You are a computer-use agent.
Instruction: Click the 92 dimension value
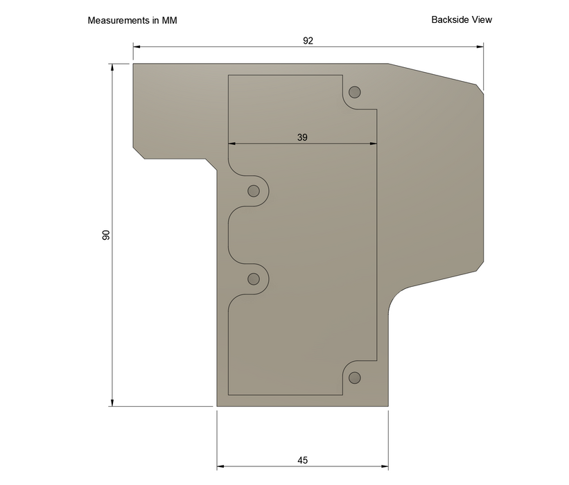[308, 41]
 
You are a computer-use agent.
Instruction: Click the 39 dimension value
[302, 137]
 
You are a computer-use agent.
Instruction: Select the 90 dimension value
[106, 235]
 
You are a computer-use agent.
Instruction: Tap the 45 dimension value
[302, 460]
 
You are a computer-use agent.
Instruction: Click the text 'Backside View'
[462, 20]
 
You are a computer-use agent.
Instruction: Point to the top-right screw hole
[355, 92]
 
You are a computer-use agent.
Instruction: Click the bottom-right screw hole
[355, 378]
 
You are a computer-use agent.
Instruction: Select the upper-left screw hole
[254, 191]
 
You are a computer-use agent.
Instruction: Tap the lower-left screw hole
[254, 279]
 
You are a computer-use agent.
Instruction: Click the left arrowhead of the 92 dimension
[137, 46]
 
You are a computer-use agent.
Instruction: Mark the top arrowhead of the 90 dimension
[112, 67]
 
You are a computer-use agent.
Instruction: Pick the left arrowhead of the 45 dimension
[220, 466]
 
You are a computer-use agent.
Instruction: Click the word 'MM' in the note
[169, 21]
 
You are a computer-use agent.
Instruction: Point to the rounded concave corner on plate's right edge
[396, 297]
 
